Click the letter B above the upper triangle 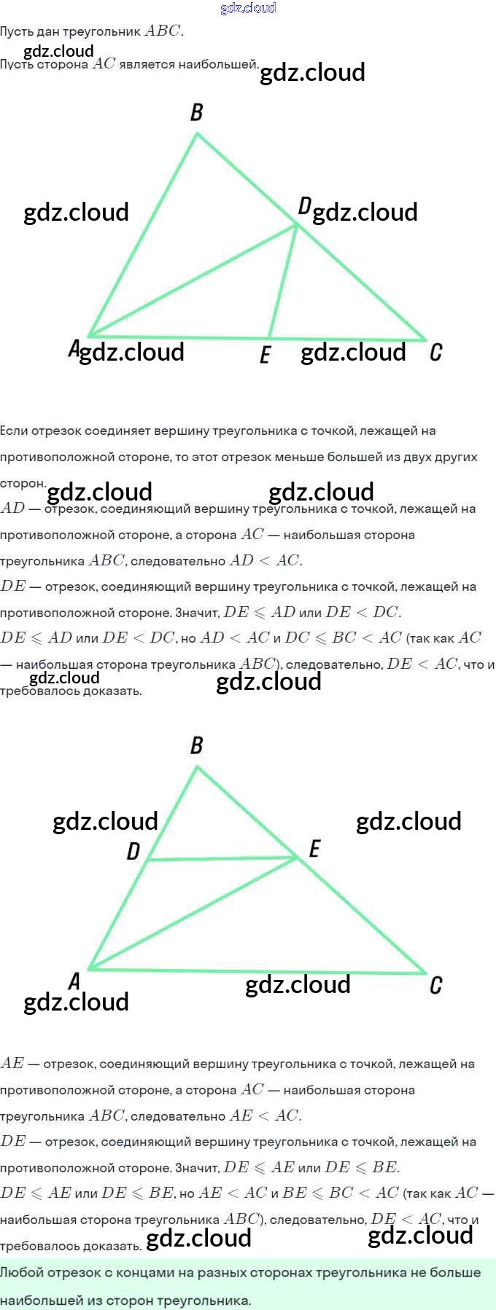(196, 112)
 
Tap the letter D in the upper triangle (304, 206)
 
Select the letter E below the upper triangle (265, 355)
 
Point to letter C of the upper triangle (435, 353)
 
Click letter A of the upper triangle (74, 348)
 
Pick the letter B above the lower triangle (196, 745)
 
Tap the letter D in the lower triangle (133, 851)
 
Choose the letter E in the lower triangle (314, 849)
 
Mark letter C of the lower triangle (435, 986)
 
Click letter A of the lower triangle (74, 981)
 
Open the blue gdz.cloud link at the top (248, 8)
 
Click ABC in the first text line (162, 31)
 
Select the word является (147, 64)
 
